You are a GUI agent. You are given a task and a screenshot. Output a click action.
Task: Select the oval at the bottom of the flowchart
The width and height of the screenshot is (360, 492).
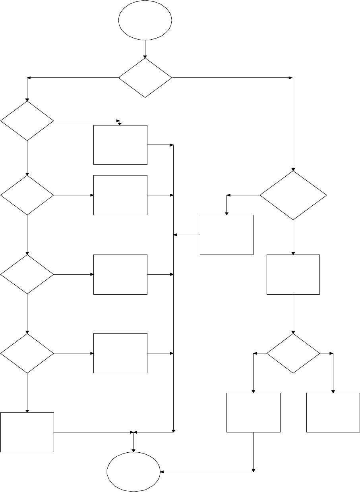click(134, 472)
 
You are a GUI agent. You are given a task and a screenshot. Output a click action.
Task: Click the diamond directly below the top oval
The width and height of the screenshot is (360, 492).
click(145, 78)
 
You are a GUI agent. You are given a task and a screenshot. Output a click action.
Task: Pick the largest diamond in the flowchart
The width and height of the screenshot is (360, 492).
click(293, 195)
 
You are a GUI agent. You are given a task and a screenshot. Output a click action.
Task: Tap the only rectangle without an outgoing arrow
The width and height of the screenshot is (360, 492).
click(333, 412)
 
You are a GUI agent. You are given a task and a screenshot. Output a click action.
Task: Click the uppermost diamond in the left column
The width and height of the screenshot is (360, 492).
click(27, 121)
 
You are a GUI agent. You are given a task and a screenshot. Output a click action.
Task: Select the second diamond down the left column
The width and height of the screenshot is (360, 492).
click(27, 195)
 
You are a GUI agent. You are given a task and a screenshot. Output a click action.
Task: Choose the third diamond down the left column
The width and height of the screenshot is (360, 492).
click(27, 274)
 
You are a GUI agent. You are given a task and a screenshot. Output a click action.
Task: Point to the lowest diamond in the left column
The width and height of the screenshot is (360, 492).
click(27, 353)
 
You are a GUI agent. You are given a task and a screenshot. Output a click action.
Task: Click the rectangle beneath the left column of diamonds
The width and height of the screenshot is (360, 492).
click(27, 432)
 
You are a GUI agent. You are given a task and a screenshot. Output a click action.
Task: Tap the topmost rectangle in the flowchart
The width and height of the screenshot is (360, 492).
click(120, 145)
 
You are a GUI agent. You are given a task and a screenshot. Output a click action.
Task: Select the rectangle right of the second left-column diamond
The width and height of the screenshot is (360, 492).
click(120, 195)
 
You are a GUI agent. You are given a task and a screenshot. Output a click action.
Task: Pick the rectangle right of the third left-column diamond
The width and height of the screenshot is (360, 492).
click(120, 274)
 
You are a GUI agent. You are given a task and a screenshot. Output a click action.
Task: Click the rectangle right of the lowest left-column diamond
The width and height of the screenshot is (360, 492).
click(120, 353)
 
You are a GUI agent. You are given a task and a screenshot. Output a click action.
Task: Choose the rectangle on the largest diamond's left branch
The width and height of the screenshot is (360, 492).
click(226, 235)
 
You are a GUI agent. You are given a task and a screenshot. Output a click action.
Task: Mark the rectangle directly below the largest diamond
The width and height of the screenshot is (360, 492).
click(293, 274)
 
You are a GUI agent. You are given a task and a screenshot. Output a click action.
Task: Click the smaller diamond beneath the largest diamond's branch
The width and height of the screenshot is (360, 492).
click(293, 353)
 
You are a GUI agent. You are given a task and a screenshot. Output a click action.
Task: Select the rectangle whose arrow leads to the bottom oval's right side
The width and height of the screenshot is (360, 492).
click(253, 412)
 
